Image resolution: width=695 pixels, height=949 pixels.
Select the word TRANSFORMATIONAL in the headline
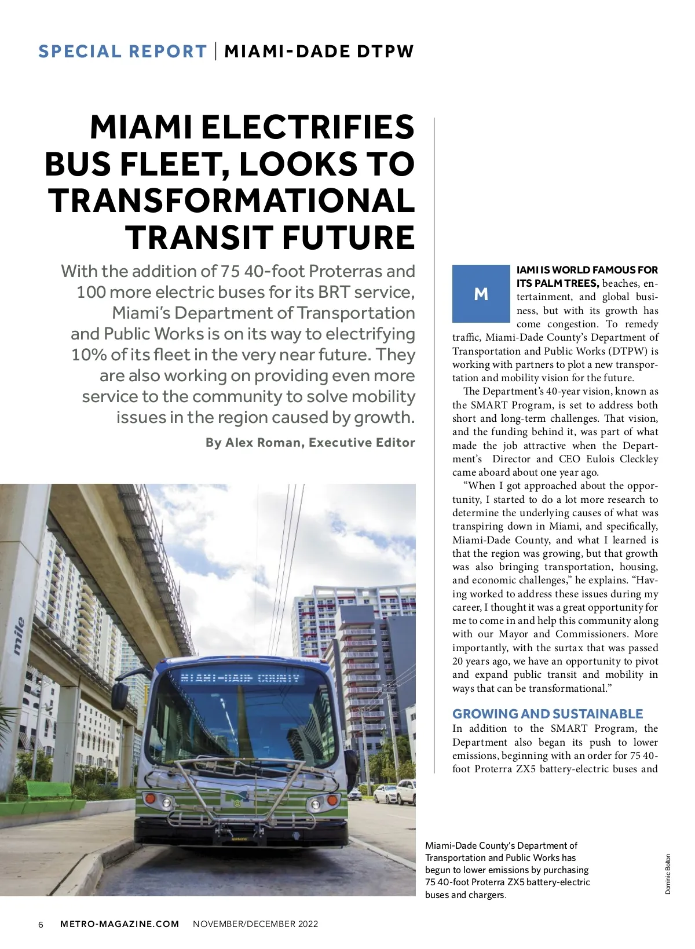(x=232, y=200)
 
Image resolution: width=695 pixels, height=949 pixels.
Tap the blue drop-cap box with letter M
(x=481, y=294)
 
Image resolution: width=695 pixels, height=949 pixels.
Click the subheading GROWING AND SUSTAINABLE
(x=547, y=714)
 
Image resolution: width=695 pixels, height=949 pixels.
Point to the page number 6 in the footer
(x=41, y=924)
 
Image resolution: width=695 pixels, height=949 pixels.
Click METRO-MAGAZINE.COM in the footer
(x=120, y=924)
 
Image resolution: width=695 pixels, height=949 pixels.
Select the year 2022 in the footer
(x=308, y=924)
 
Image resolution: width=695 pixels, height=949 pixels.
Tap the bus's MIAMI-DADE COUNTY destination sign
(x=240, y=678)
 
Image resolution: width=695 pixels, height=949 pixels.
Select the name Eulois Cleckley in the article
(x=618, y=459)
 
